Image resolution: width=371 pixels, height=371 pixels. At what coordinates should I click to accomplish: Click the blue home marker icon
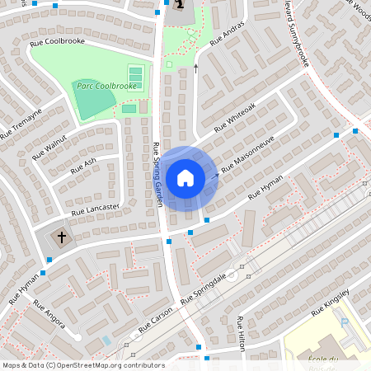click(185, 177)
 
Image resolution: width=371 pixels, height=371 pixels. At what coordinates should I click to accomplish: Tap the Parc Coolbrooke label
click(107, 86)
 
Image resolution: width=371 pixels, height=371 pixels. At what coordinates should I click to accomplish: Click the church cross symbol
click(60, 237)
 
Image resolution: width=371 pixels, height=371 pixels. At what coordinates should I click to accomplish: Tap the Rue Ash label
click(83, 165)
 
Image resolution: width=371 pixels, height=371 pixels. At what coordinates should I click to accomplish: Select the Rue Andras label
click(228, 35)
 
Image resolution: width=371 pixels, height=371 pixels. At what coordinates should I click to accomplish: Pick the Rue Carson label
click(155, 321)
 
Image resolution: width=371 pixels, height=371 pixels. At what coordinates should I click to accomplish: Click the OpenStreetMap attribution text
click(82, 364)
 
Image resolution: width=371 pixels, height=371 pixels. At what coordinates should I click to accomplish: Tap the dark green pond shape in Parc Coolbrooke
click(92, 100)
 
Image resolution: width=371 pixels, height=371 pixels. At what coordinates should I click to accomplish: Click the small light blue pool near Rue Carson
click(106, 340)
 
